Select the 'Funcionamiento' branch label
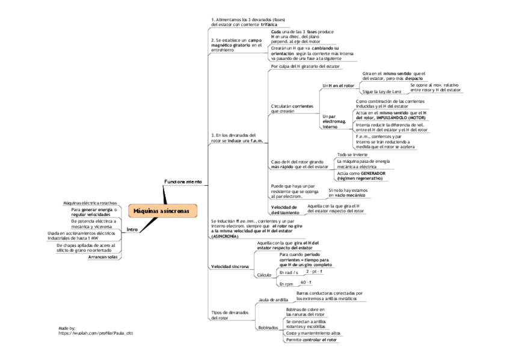point(183,181)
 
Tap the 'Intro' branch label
point(132,229)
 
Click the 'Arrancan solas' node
point(103,257)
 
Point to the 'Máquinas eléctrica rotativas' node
point(90,203)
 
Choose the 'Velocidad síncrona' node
point(229,266)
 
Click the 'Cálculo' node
point(264,275)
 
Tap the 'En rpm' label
point(286,284)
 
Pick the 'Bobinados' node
point(268,328)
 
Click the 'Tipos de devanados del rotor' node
point(229,315)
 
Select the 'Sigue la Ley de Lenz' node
point(381,92)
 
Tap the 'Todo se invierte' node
point(352,154)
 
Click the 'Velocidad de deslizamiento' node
point(284,210)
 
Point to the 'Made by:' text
point(67,328)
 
